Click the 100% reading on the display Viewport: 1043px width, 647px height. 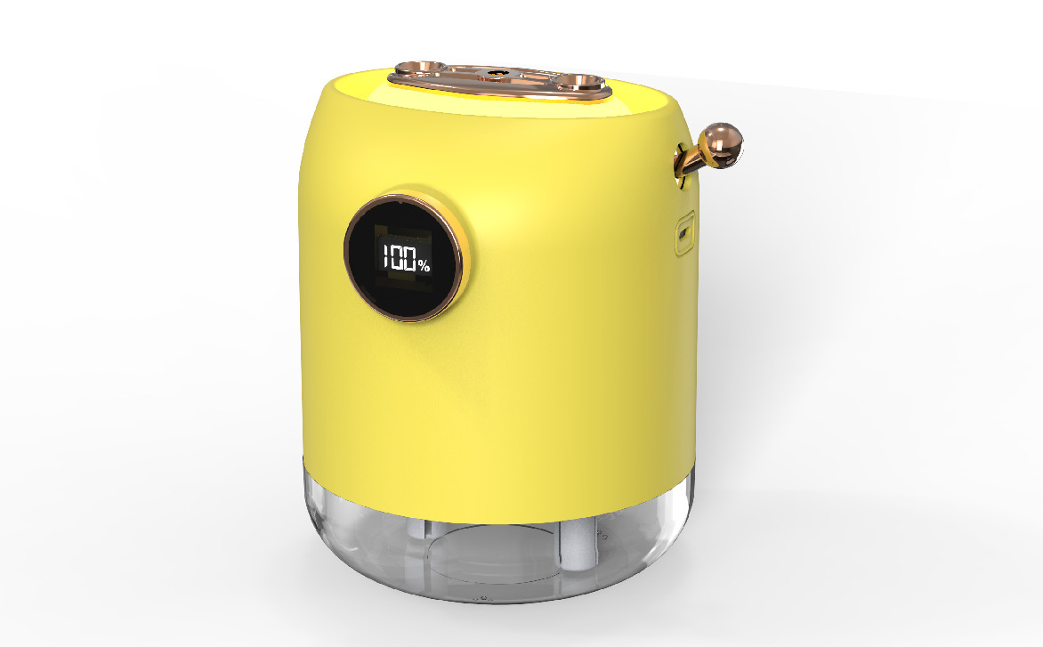[x=406, y=259]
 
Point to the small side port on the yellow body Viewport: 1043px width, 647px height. [x=684, y=233]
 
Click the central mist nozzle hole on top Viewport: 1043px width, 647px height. [x=494, y=72]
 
